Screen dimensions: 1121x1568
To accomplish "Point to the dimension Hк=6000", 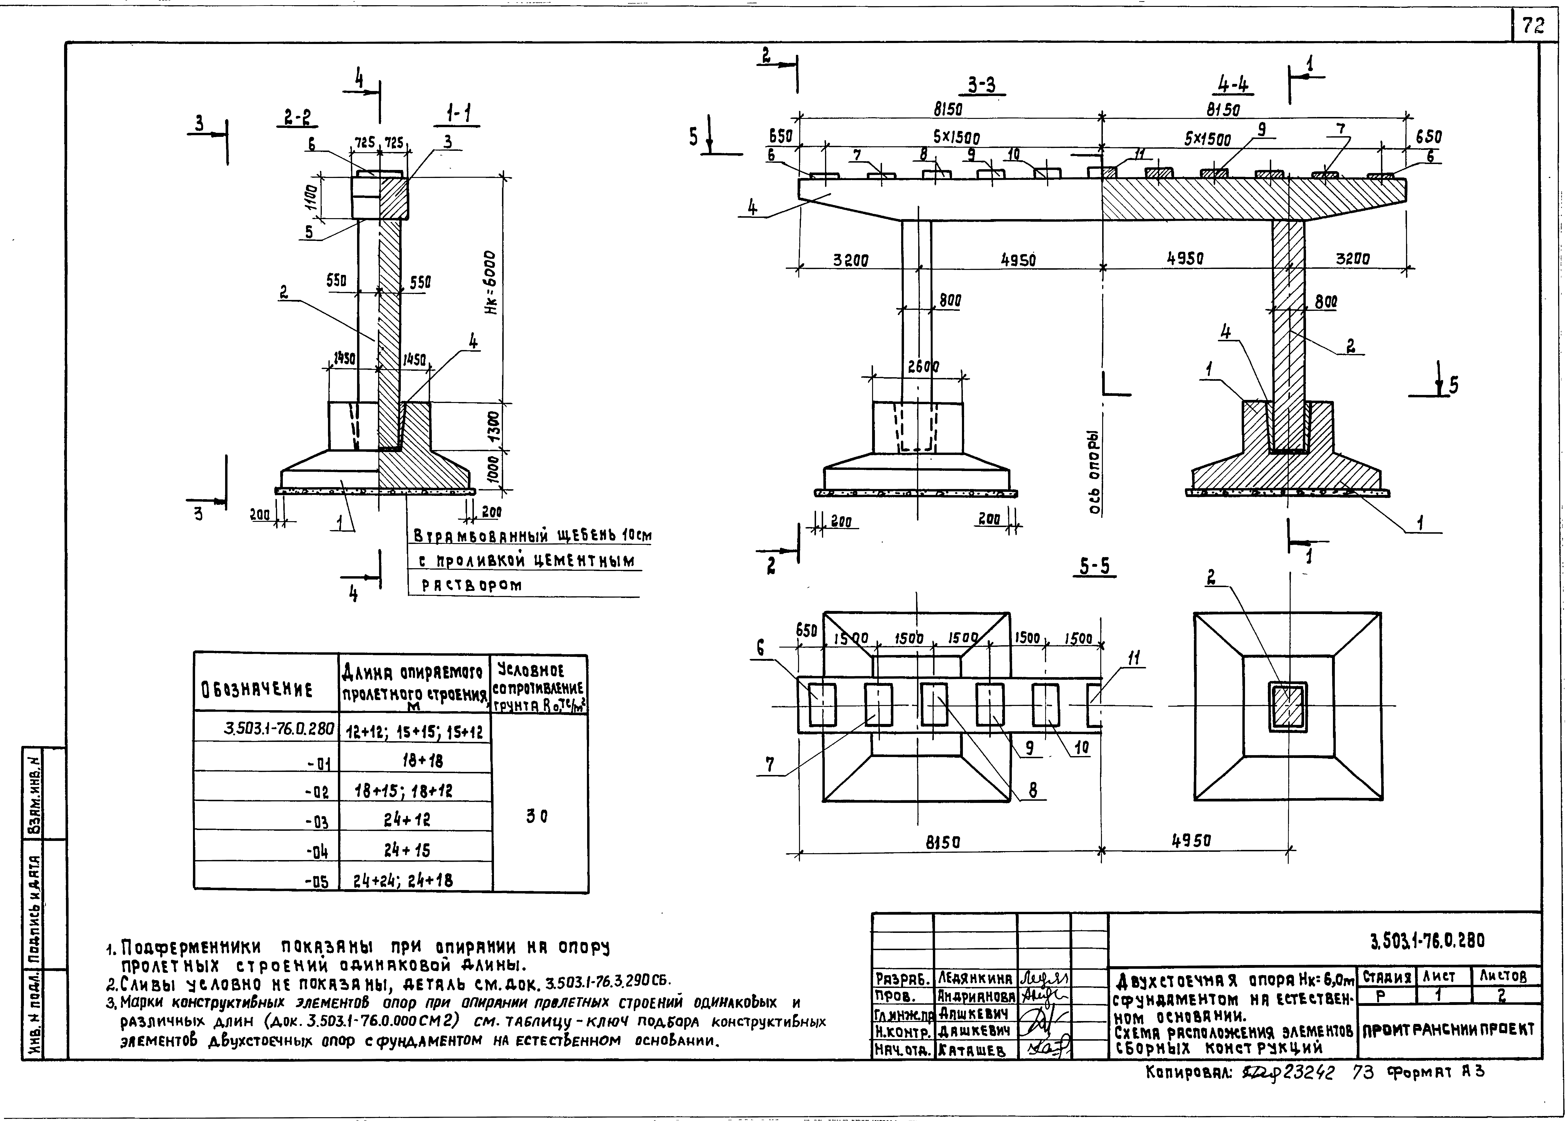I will tap(489, 283).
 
